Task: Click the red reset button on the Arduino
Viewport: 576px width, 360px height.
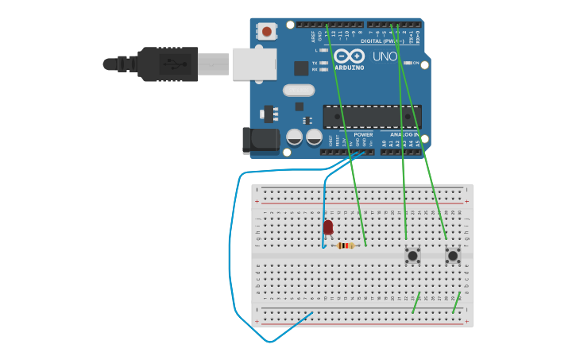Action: (x=266, y=32)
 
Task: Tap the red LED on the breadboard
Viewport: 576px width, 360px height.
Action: (x=328, y=228)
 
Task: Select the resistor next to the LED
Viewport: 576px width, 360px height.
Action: (x=345, y=246)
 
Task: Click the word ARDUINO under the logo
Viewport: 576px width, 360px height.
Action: (x=350, y=68)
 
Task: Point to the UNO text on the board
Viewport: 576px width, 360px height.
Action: (x=385, y=57)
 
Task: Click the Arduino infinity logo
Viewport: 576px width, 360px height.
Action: (x=349, y=56)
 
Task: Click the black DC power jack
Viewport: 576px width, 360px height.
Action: (x=261, y=141)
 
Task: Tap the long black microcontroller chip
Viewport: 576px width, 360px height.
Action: (x=371, y=117)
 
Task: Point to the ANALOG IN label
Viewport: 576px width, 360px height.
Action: (x=404, y=134)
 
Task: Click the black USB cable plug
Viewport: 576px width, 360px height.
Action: (x=167, y=64)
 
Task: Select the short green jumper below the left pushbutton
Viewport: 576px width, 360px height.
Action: (x=416, y=303)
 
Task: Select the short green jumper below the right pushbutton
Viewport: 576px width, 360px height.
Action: (x=456, y=303)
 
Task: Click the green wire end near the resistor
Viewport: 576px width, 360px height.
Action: (x=365, y=243)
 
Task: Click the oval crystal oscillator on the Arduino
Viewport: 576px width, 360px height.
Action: (x=299, y=91)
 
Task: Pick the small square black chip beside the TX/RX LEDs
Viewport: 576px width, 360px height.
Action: (x=301, y=68)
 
